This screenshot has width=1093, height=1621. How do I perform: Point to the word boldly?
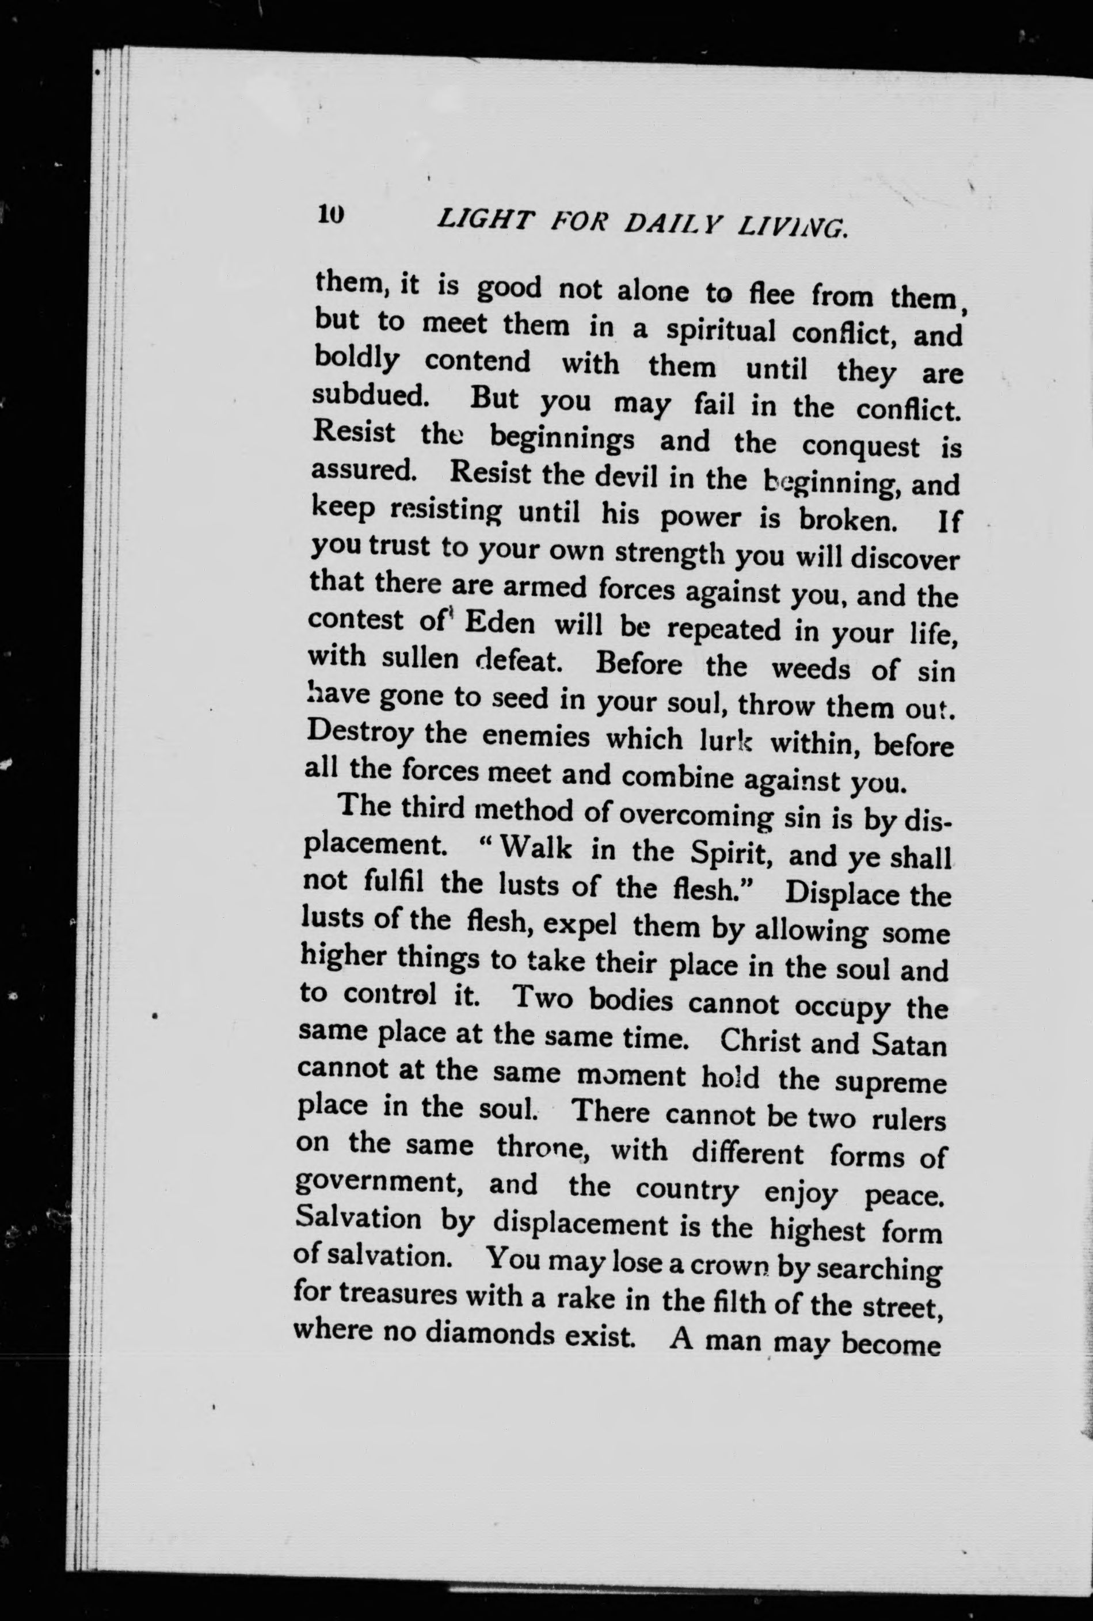(x=357, y=360)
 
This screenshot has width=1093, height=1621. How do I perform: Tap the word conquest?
(x=860, y=446)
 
